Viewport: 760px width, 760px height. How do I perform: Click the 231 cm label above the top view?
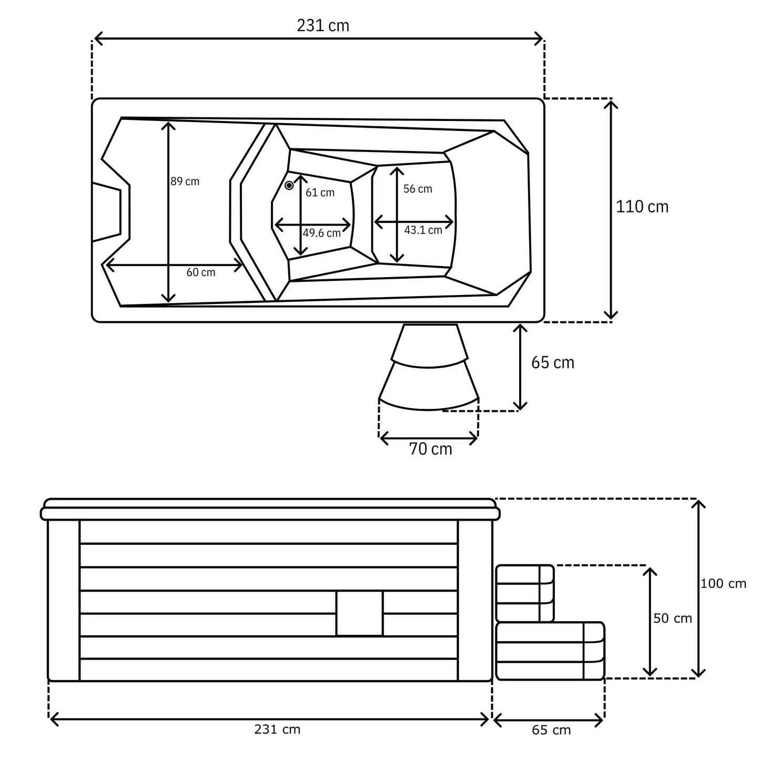tap(322, 26)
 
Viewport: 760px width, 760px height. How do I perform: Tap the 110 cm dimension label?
tap(642, 207)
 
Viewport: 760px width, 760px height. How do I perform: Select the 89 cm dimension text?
tap(185, 181)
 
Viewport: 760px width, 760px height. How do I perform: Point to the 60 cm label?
tap(201, 272)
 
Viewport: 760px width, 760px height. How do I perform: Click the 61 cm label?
tap(320, 192)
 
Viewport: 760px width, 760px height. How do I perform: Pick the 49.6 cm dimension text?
tap(321, 233)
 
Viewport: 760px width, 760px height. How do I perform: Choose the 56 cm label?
tap(418, 188)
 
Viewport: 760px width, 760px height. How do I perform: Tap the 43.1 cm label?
tap(423, 230)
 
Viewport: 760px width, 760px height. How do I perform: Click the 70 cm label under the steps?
tap(430, 449)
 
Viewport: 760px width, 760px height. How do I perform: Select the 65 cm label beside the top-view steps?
tap(553, 362)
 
